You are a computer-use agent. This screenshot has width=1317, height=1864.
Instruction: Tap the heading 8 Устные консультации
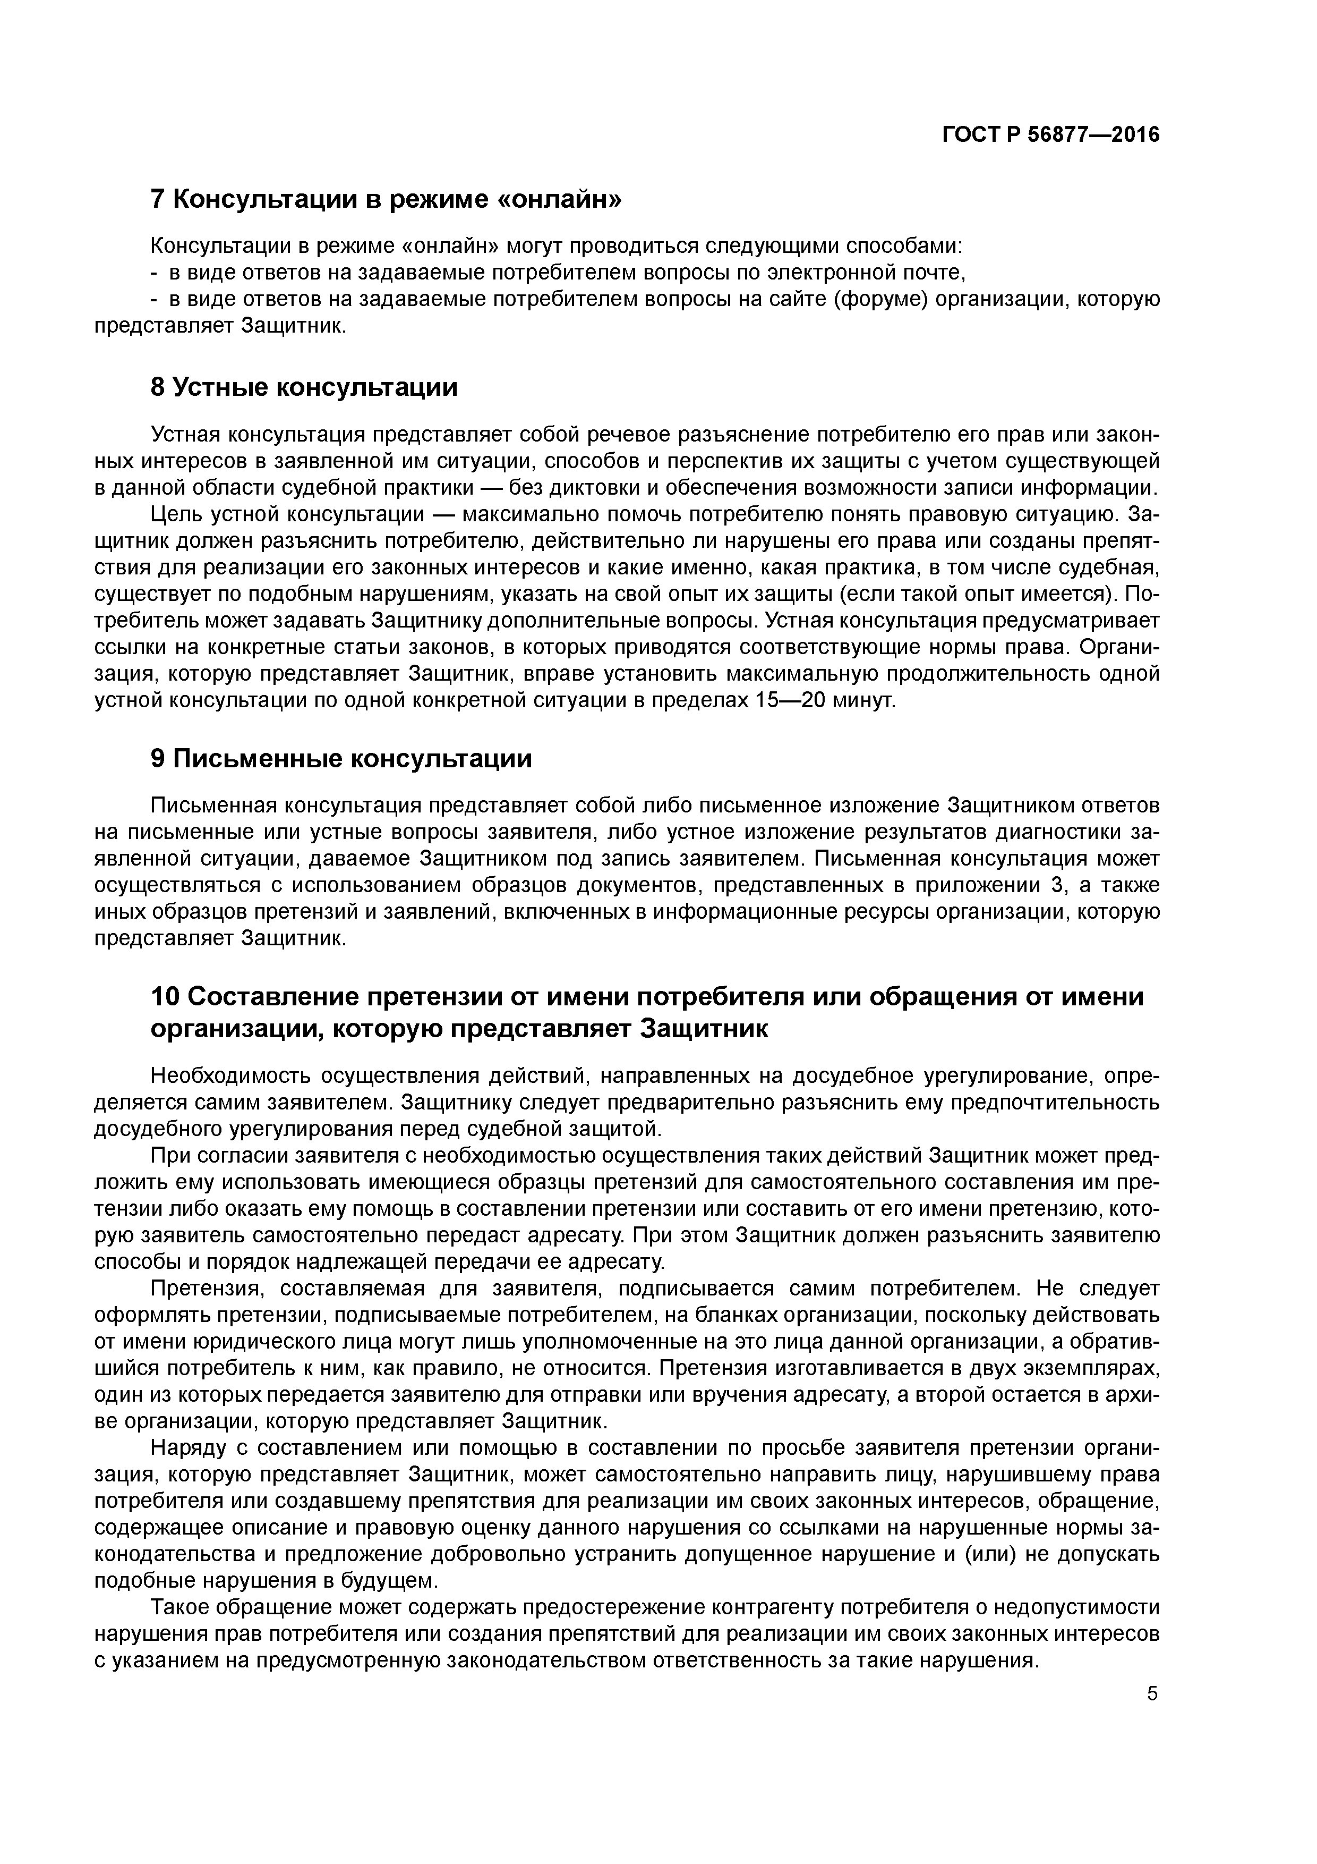pyautogui.click(x=304, y=387)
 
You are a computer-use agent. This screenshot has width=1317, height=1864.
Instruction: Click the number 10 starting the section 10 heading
pyautogui.click(x=166, y=996)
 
